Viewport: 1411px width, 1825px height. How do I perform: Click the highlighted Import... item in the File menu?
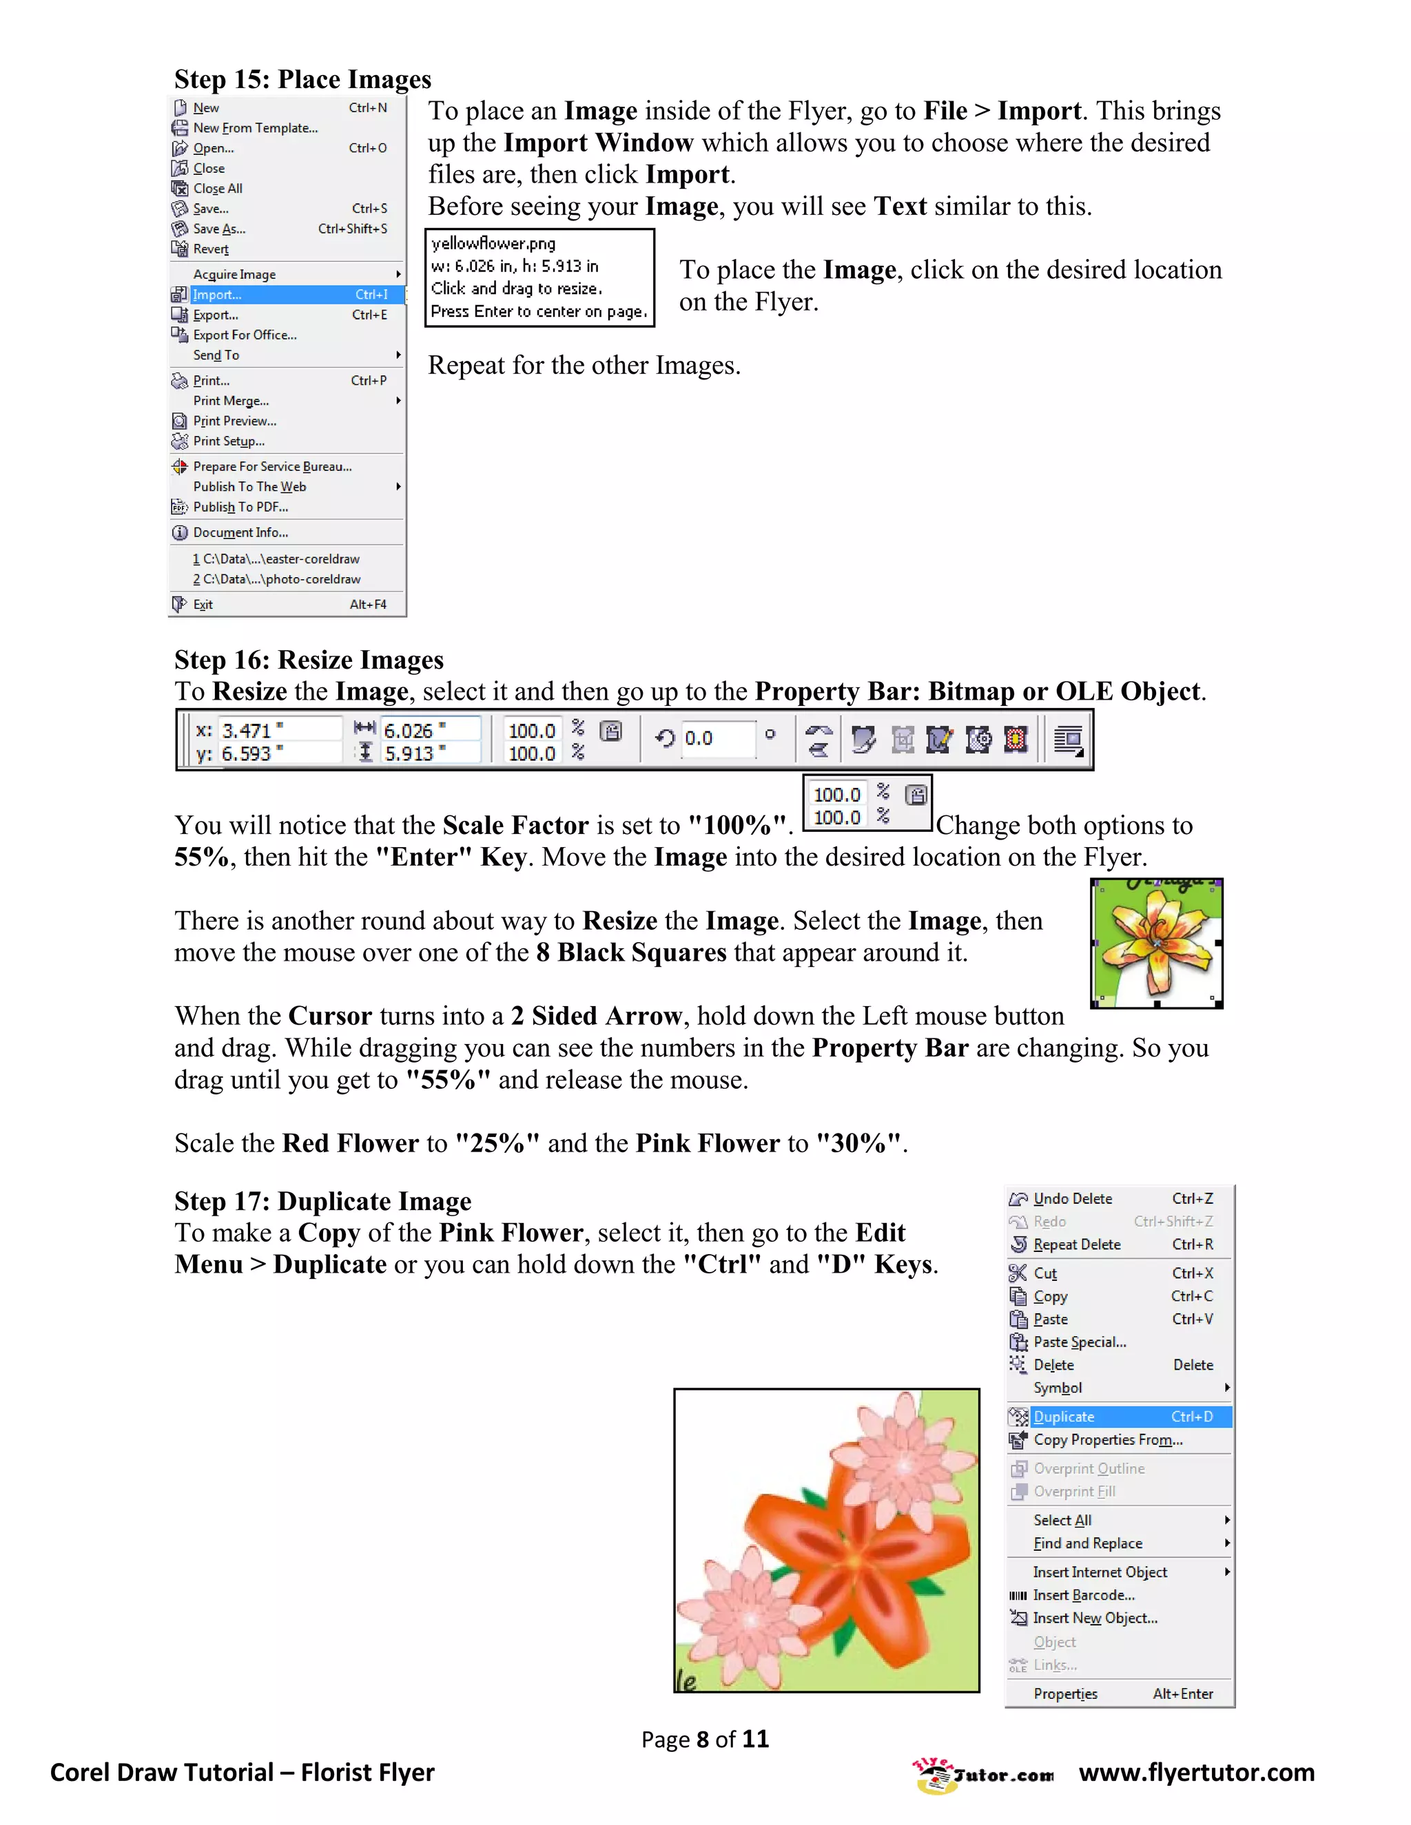[216, 295]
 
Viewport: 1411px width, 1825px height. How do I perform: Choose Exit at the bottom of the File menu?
[203, 605]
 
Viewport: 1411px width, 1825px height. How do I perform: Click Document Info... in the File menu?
[240, 533]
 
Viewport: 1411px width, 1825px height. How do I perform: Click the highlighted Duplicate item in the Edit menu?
[1063, 1417]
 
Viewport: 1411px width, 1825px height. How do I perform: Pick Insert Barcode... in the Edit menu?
[1083, 1595]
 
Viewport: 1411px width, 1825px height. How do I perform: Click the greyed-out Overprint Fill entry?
[1074, 1492]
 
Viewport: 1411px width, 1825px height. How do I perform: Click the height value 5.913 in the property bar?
[410, 753]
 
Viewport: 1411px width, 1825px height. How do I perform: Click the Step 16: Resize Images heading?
[309, 660]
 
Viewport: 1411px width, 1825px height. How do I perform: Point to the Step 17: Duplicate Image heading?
[322, 1201]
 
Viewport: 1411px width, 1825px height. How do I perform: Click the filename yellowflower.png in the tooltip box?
[493, 244]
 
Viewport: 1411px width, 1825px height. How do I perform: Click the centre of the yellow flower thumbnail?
[1156, 943]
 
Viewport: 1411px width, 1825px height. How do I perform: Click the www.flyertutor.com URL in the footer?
[1196, 1773]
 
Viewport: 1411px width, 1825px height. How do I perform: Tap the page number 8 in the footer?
[704, 1740]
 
